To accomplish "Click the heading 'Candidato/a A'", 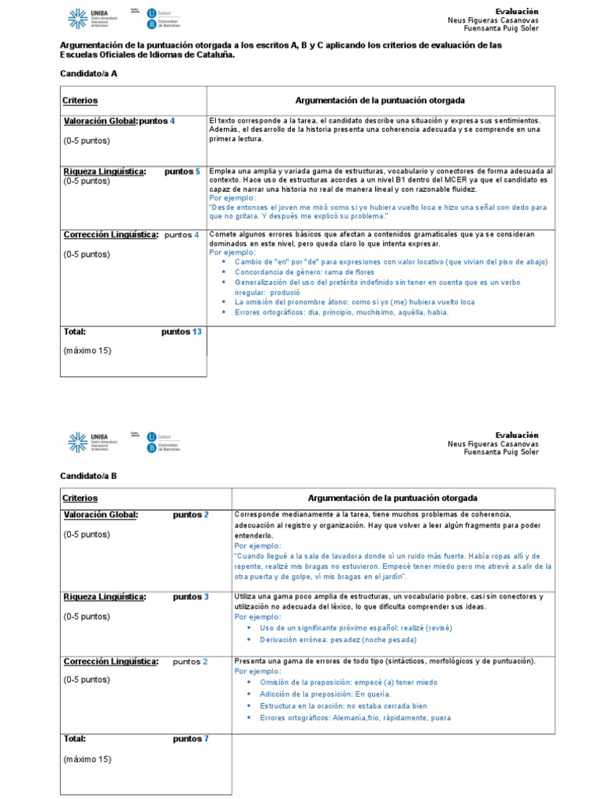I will pos(89,73).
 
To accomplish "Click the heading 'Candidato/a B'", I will pos(89,475).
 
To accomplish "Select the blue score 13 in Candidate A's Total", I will pos(197,332).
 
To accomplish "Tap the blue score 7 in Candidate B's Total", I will pos(206,738).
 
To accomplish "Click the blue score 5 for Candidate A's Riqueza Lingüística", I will pos(197,171).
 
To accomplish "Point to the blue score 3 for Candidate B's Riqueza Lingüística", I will pos(206,597).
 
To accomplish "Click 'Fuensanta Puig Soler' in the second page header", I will pos(501,452).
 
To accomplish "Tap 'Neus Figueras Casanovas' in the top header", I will pos(493,20).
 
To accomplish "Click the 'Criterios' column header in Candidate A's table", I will pos(80,101).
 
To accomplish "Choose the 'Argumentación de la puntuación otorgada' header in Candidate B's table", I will pos(393,498).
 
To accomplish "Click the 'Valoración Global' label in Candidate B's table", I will pos(100,515).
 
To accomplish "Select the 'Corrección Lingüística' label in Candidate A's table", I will pos(110,234).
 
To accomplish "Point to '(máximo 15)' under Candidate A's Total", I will pos(87,350).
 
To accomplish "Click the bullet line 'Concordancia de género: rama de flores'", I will pos(294,272).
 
